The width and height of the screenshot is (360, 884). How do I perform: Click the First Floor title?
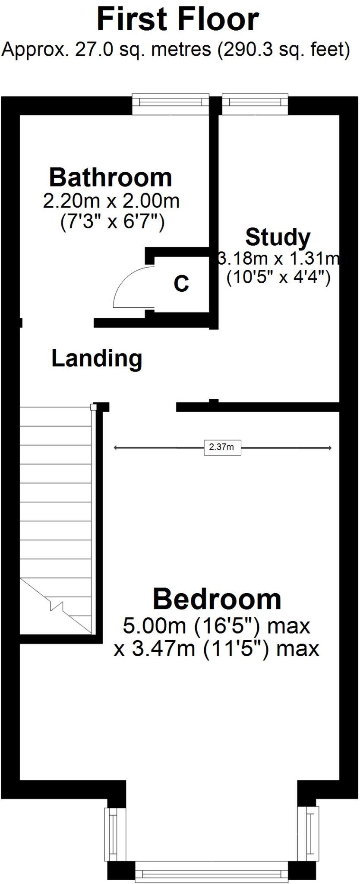[x=178, y=19]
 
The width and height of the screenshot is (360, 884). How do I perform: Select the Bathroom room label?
[x=111, y=177]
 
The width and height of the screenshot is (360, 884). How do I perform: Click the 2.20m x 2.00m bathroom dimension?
[x=111, y=201]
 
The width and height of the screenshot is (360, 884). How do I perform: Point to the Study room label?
[x=278, y=237]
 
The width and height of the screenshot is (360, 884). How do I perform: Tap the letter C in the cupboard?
[x=181, y=284]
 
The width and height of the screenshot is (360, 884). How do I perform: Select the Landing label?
[x=97, y=358]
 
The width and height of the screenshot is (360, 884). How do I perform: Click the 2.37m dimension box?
[x=222, y=447]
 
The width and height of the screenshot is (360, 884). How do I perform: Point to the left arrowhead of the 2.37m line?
[x=116, y=448]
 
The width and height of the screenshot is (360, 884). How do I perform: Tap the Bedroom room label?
[x=217, y=599]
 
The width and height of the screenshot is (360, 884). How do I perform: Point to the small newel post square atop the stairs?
[x=93, y=407]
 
